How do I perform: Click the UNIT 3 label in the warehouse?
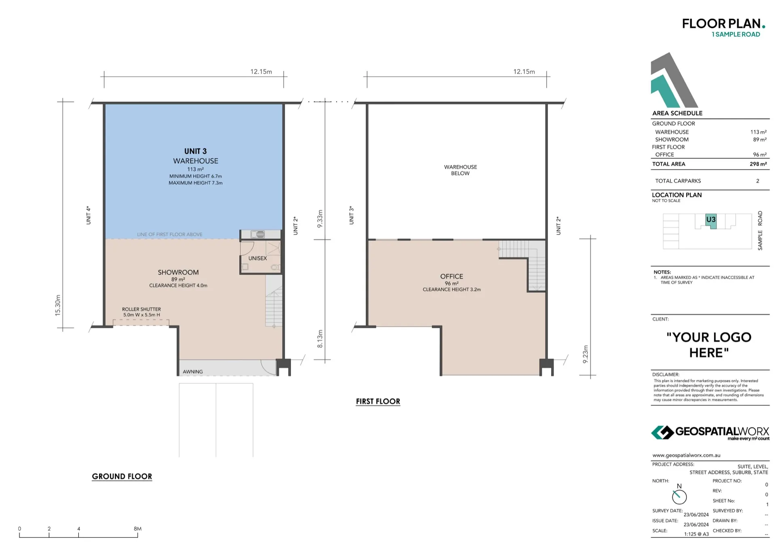(x=195, y=151)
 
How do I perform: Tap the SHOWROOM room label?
(x=178, y=272)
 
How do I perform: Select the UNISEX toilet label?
(x=257, y=258)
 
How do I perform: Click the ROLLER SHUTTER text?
(x=141, y=309)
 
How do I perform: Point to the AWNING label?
(x=192, y=372)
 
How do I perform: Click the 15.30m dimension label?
(x=58, y=305)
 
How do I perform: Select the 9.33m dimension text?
(x=320, y=219)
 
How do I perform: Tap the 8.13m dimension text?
(x=320, y=339)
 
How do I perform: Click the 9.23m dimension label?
(x=585, y=354)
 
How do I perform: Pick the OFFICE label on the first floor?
(x=451, y=277)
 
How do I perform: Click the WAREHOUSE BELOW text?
(x=460, y=170)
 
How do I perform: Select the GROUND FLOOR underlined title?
(x=122, y=476)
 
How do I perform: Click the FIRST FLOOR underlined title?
(x=378, y=401)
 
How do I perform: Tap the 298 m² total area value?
(x=758, y=164)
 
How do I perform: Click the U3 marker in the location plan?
(x=711, y=220)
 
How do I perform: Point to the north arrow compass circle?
(x=679, y=497)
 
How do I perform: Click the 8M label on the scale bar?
(x=137, y=528)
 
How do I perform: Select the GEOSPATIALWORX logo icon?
(x=662, y=432)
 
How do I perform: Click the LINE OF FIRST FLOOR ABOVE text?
(x=169, y=234)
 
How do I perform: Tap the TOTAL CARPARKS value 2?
(x=757, y=181)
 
